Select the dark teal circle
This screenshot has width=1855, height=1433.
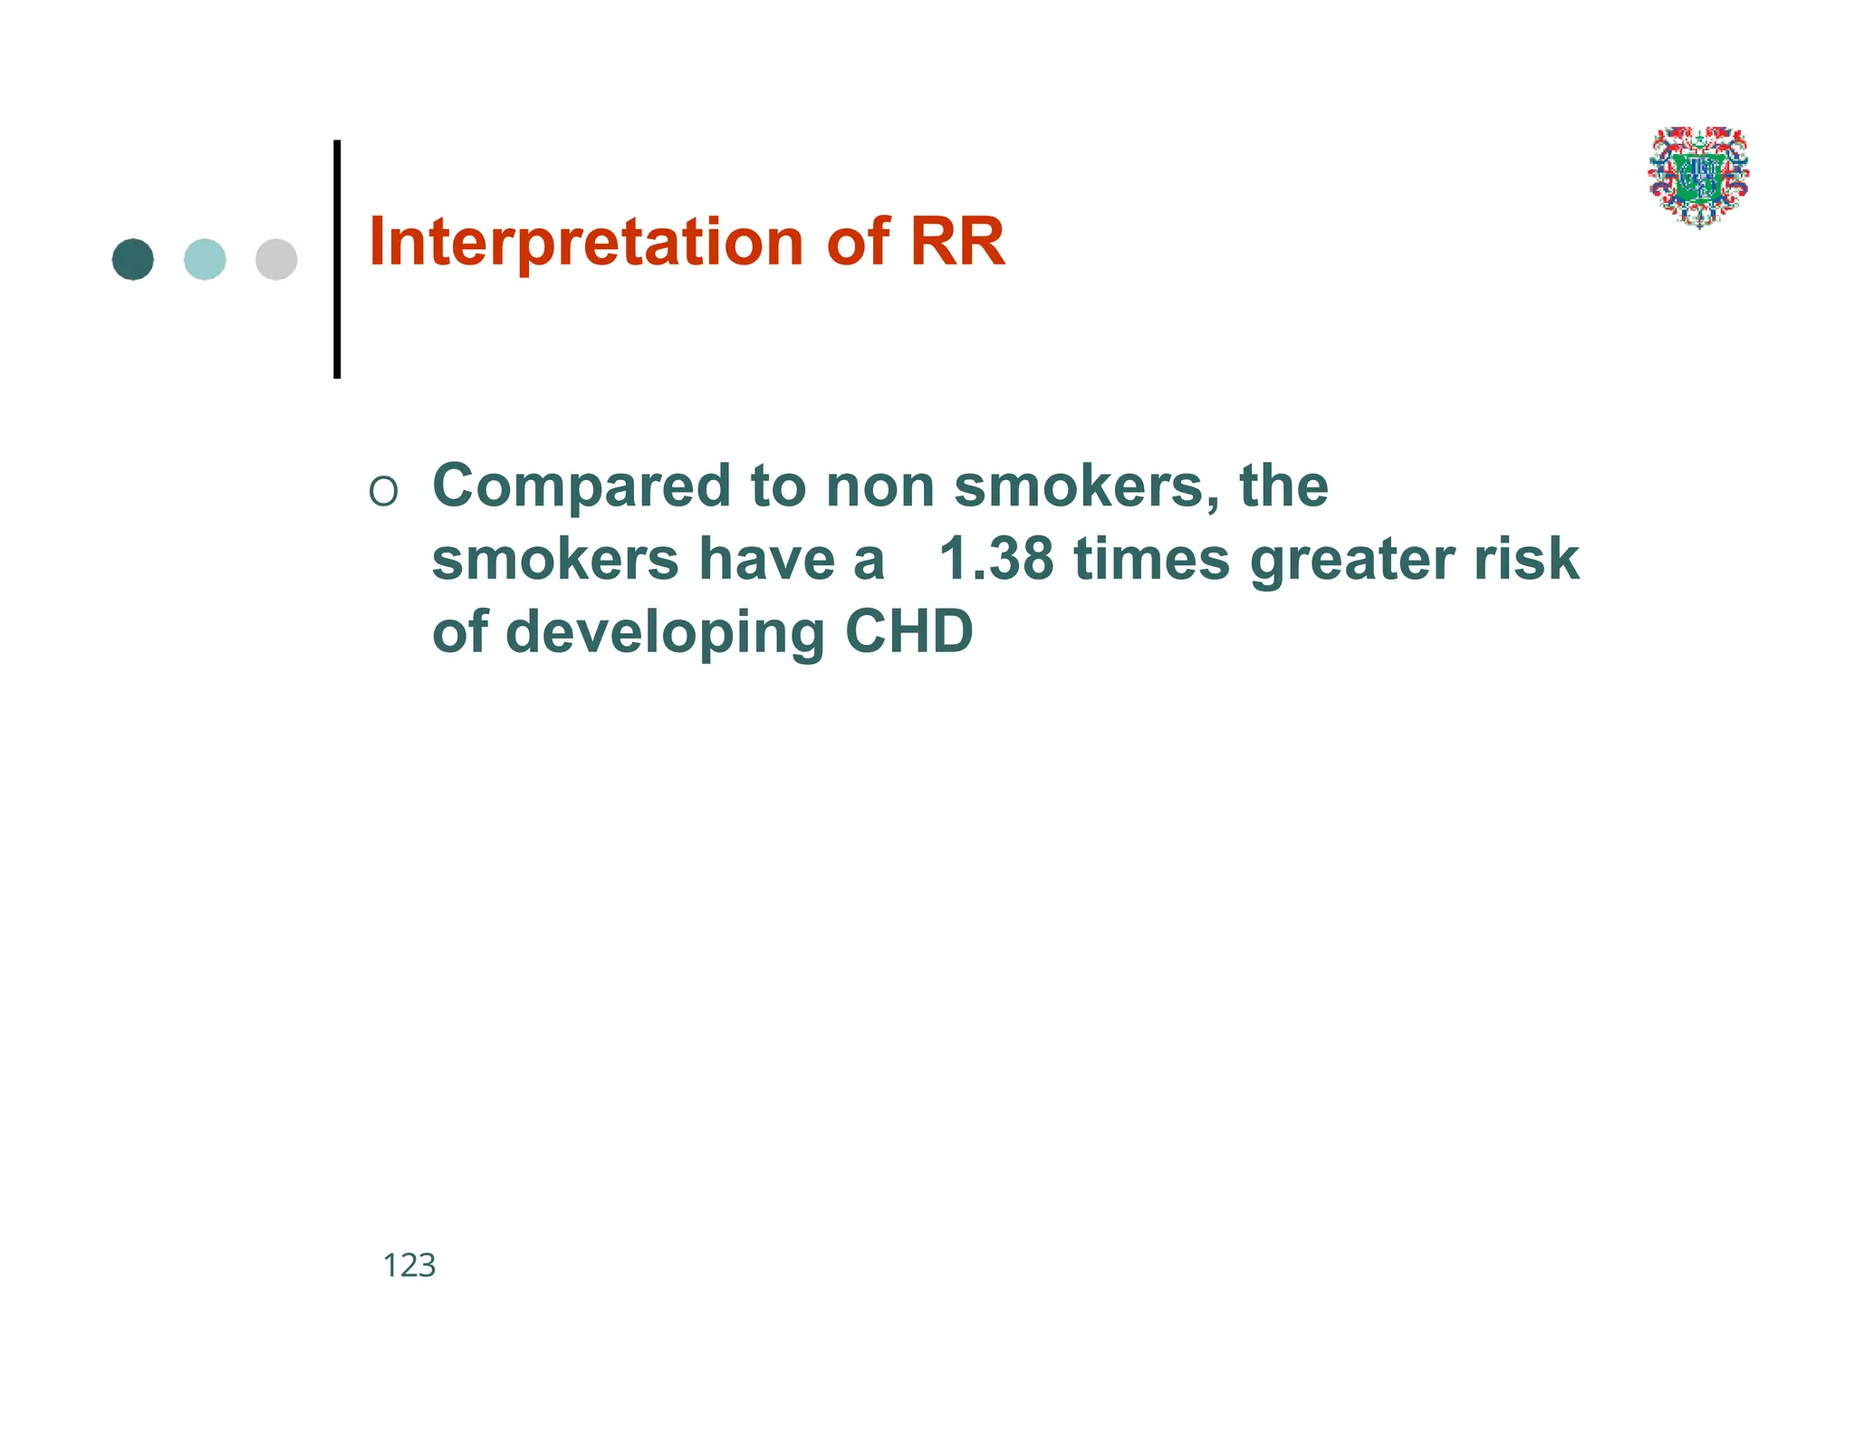click(133, 260)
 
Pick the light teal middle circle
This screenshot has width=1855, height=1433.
click(205, 260)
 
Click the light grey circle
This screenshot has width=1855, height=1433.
click(276, 260)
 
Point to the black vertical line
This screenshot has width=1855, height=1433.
click(337, 259)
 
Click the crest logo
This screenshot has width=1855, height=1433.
click(1698, 178)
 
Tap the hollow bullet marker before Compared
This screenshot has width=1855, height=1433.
click(383, 492)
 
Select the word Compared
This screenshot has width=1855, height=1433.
click(581, 487)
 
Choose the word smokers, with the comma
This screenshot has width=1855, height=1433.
click(1086, 487)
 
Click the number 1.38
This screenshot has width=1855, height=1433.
click(995, 559)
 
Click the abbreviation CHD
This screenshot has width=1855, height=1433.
click(908, 631)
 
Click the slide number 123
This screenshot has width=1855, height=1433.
click(409, 1265)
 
